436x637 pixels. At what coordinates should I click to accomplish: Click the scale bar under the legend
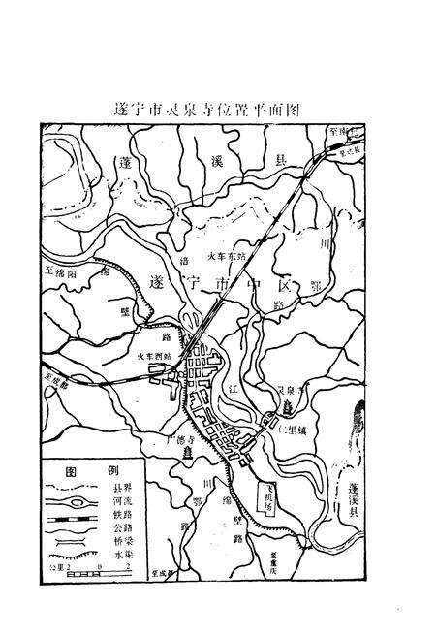tap(82, 575)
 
